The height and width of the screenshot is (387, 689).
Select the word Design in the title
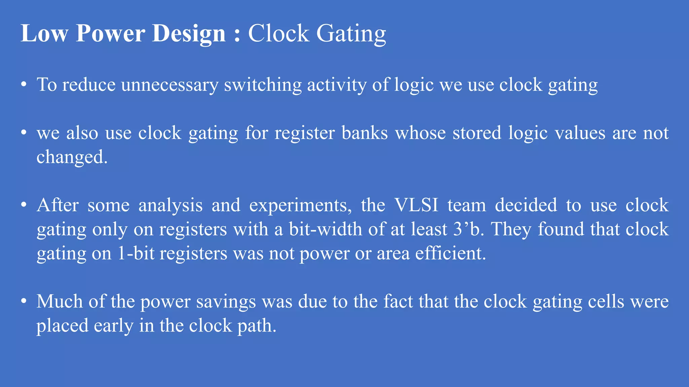point(188,34)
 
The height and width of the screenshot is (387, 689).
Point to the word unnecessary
point(170,85)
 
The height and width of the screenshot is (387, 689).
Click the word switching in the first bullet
point(263,85)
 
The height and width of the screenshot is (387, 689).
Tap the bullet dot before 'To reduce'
point(24,85)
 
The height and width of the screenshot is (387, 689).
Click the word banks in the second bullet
point(365,133)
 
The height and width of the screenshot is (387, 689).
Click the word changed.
point(72,157)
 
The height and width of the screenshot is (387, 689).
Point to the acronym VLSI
point(416,205)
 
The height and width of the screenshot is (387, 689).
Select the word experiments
point(300,206)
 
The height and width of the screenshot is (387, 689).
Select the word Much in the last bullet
point(59,301)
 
